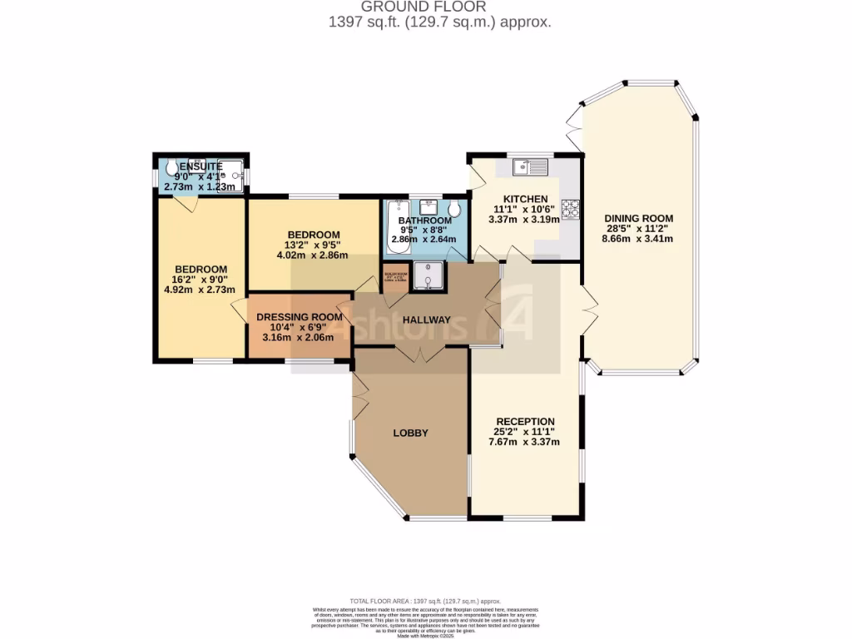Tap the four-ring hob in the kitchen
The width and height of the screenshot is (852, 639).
tap(571, 210)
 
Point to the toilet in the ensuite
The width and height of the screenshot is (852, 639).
tap(172, 170)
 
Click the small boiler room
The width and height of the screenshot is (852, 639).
tap(395, 277)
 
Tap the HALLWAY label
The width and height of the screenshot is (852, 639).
tap(426, 320)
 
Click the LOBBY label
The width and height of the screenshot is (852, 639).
tap(410, 433)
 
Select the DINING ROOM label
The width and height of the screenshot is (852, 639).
tap(638, 218)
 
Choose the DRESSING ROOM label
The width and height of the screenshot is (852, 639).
tap(300, 317)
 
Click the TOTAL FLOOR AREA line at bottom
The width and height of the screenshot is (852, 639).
tap(425, 601)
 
